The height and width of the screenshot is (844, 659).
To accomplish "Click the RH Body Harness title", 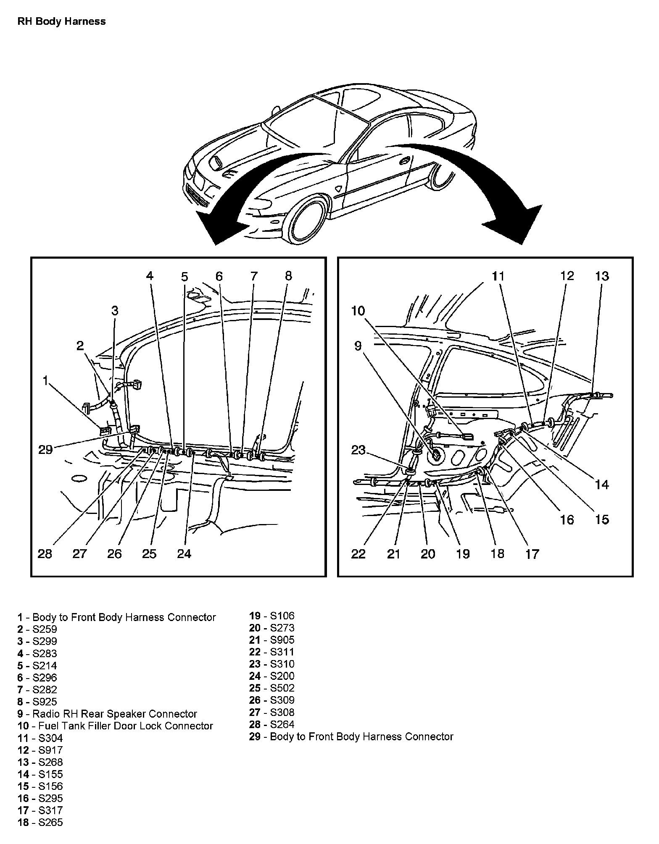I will tap(61, 21).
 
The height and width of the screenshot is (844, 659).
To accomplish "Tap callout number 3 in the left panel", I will tap(115, 311).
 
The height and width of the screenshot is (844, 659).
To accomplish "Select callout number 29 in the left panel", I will tap(45, 450).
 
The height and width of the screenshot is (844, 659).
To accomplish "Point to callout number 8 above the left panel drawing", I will tap(288, 276).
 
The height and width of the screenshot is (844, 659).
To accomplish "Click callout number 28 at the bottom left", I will tap(45, 554).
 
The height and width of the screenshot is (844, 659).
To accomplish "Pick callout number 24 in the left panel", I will tap(184, 554).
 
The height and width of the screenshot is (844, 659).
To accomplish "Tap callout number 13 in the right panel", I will tap(602, 276).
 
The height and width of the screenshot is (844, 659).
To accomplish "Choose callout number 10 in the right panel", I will tap(358, 311).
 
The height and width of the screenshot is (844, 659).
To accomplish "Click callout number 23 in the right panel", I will tap(358, 450).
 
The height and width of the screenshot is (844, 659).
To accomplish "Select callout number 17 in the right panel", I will tap(532, 554).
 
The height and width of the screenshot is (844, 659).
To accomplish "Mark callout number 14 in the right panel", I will tap(602, 485).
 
